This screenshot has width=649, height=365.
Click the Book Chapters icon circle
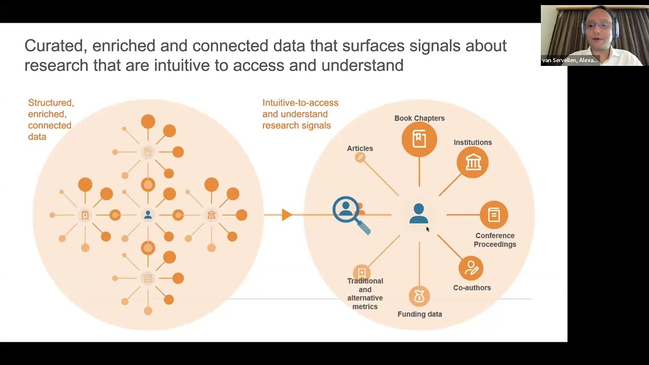pyautogui.click(x=419, y=139)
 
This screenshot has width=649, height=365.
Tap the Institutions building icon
pyautogui.click(x=473, y=162)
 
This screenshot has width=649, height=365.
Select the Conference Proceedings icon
pyautogui.click(x=494, y=215)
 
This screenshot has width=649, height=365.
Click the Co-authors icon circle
pyautogui.click(x=471, y=268)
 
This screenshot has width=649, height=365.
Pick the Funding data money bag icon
pyautogui.click(x=419, y=297)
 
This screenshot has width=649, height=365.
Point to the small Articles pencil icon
pyautogui.click(x=360, y=158)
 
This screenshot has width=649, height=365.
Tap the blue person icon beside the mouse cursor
pyautogui.click(x=419, y=213)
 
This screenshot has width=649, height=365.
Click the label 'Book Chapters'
pyautogui.click(x=419, y=118)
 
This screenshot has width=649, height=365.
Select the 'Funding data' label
pyautogui.click(x=420, y=314)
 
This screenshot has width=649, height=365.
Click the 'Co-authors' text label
pyautogui.click(x=472, y=288)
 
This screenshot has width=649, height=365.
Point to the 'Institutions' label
pyautogui.click(x=473, y=142)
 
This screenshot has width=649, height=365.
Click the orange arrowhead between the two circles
pyautogui.click(x=286, y=215)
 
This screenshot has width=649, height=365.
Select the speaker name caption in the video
pyautogui.click(x=570, y=60)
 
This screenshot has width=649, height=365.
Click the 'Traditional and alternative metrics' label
pyautogui.click(x=365, y=294)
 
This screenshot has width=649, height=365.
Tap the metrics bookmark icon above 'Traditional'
pyautogui.click(x=362, y=273)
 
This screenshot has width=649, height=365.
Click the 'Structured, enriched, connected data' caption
pyautogui.click(x=51, y=120)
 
